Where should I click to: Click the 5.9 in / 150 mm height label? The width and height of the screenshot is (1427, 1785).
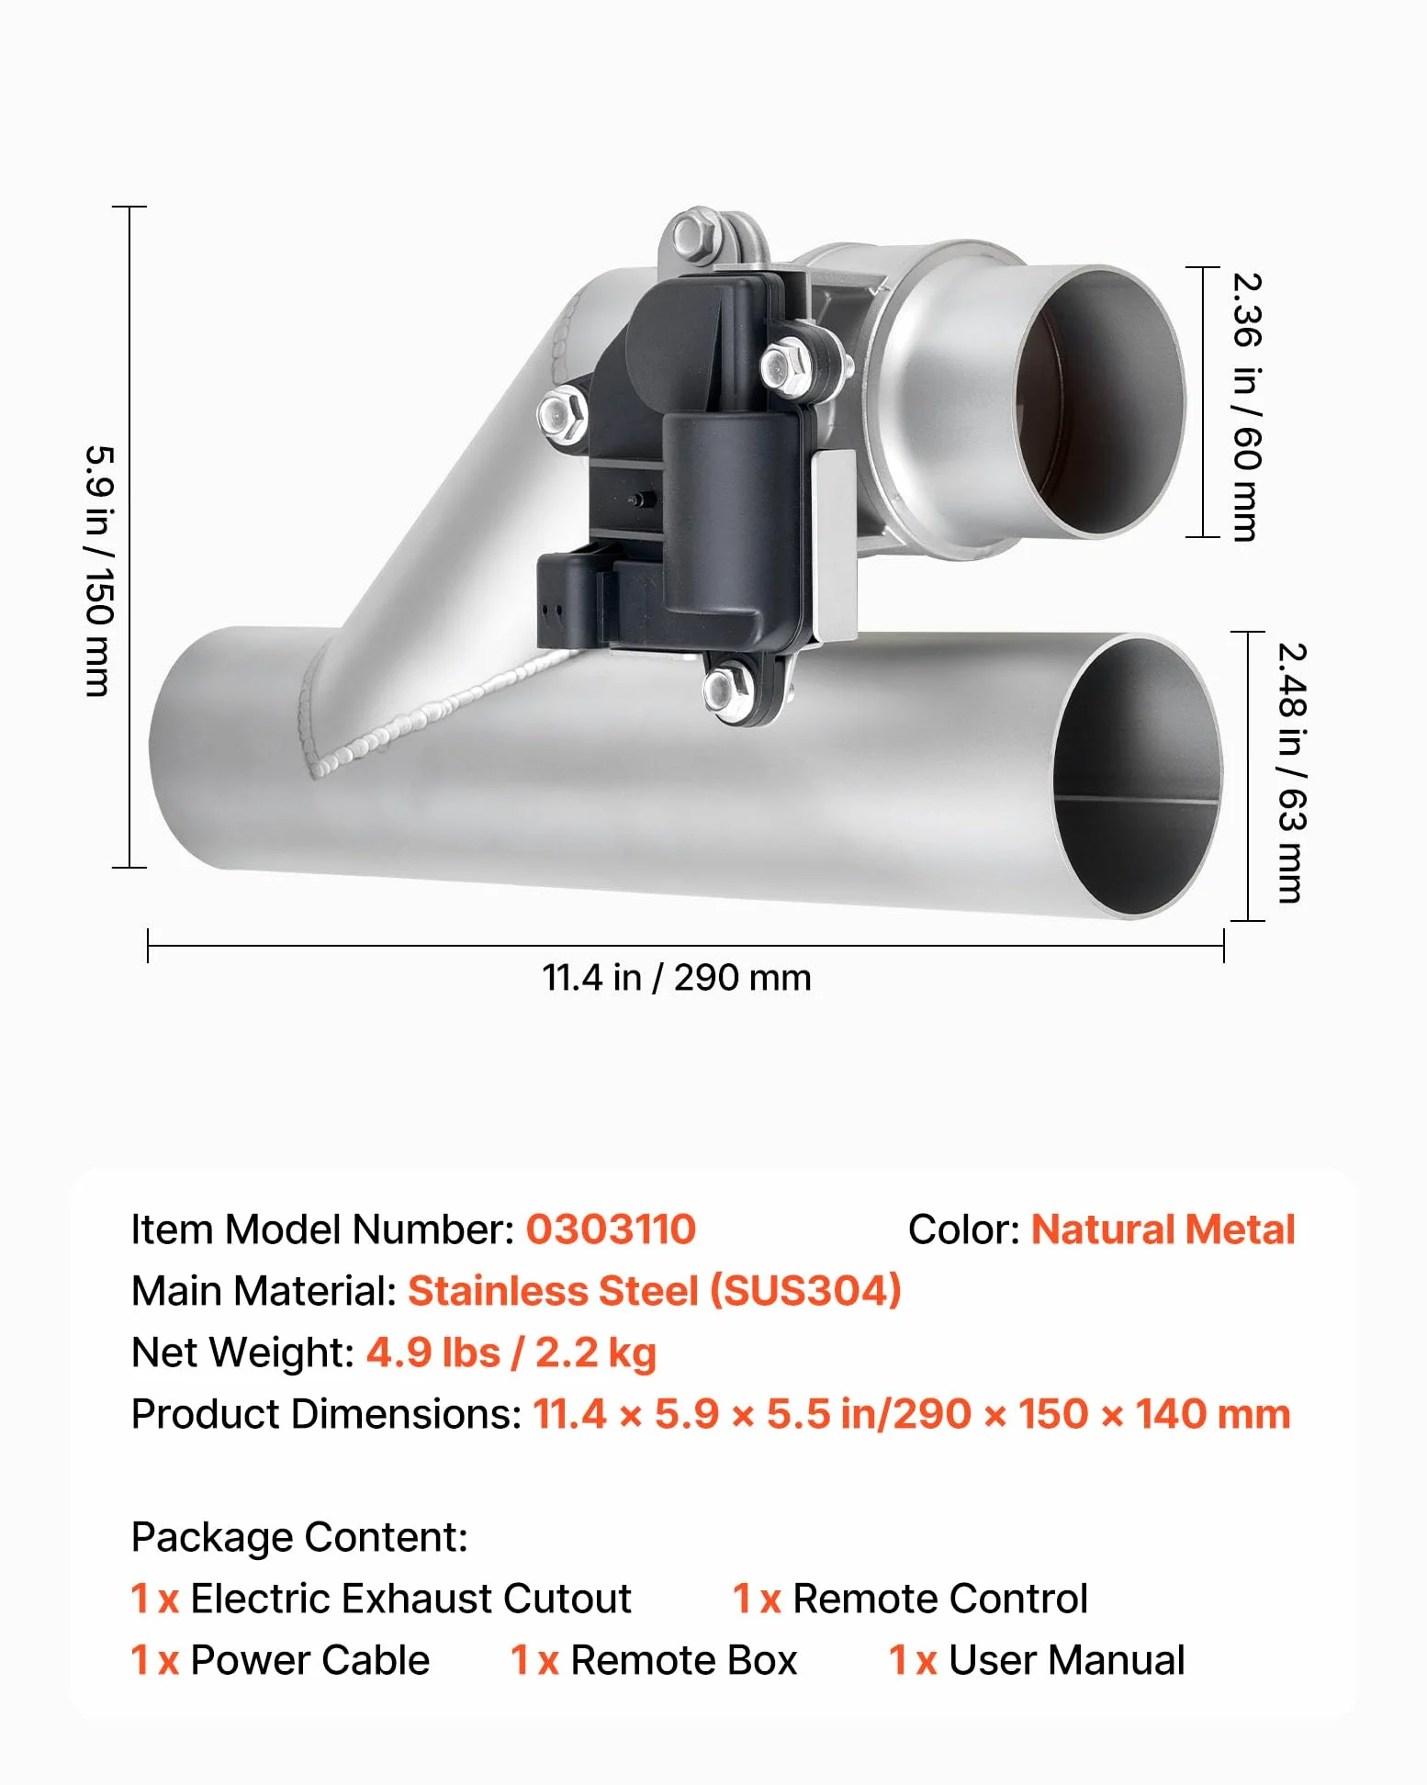point(99,571)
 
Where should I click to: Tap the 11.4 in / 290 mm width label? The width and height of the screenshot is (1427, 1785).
point(677,978)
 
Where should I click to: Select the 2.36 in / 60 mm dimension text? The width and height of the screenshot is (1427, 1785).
point(1246,407)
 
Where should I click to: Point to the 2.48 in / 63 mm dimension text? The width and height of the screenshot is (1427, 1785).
point(1291,773)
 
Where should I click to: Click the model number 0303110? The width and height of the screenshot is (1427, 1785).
point(611,1229)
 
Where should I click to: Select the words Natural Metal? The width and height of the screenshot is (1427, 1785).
point(1163,1229)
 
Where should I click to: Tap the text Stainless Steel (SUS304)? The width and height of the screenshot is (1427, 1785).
point(655,1291)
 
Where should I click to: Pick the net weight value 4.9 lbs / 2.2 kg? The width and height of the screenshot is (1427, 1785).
point(511,1353)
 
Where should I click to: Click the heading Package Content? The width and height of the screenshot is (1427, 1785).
point(299,1537)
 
